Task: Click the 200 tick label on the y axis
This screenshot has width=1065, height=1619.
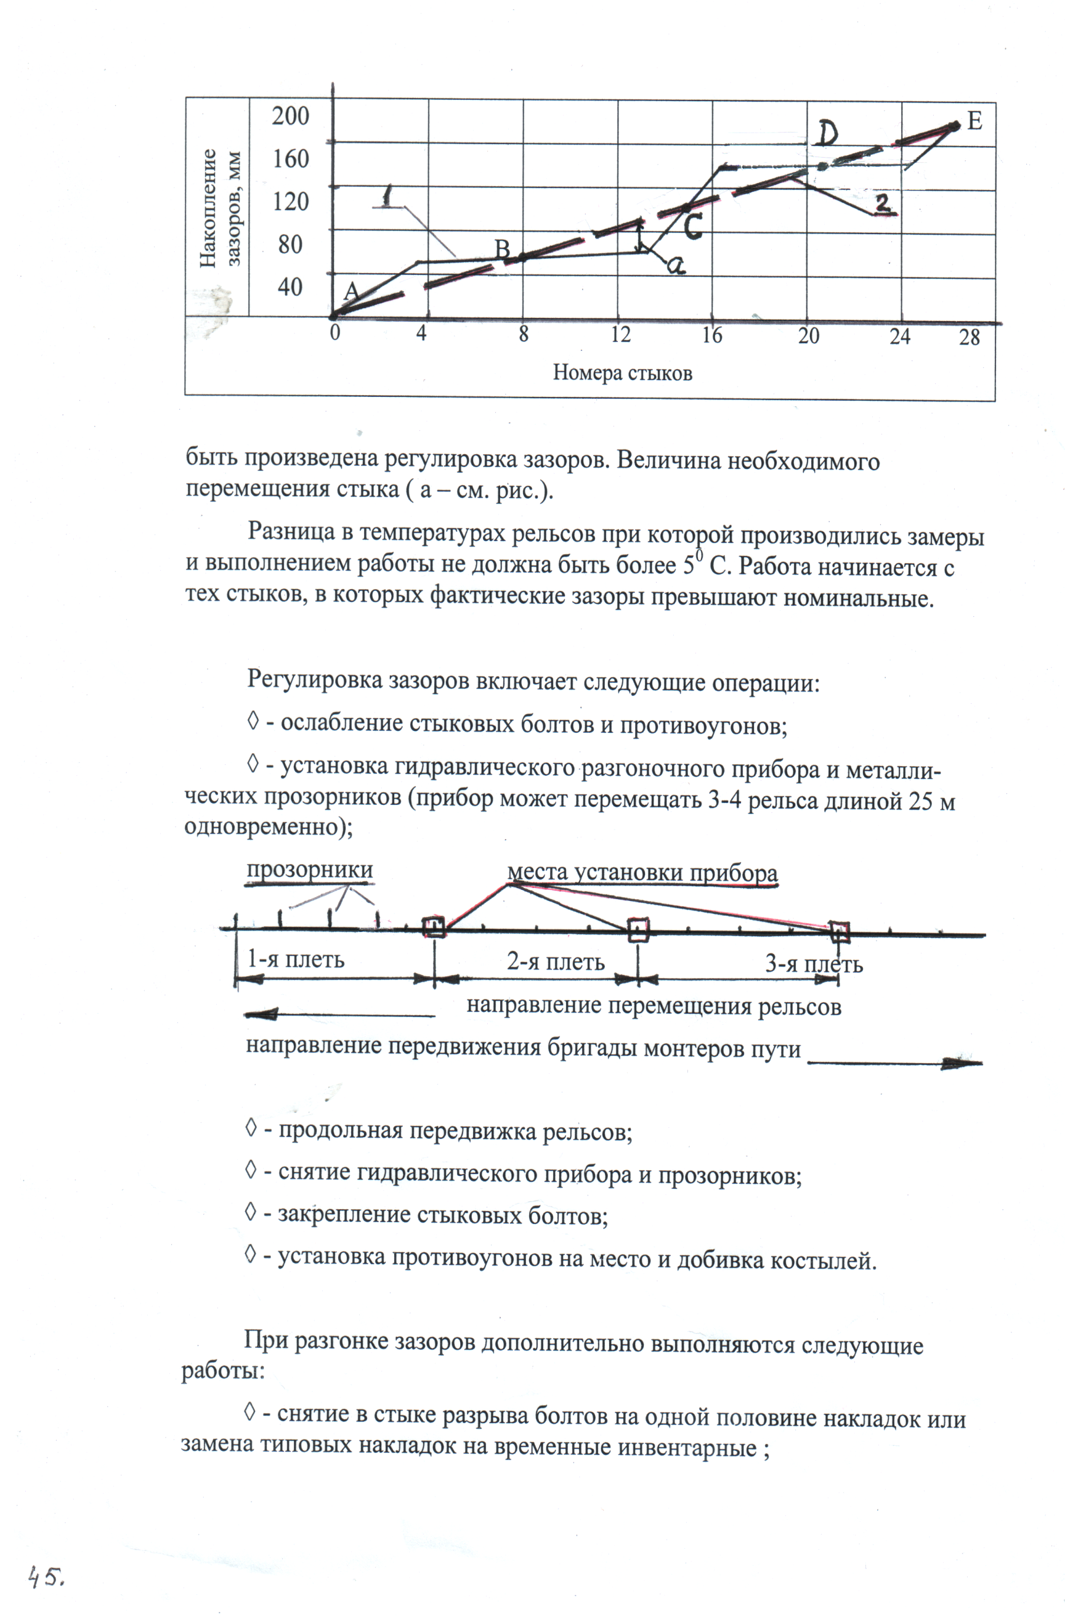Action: (290, 116)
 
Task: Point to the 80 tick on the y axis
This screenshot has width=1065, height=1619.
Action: (290, 245)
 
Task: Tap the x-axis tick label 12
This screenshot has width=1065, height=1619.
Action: (620, 335)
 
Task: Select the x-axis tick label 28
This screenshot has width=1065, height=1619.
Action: (969, 336)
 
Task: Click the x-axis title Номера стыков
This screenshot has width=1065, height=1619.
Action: (622, 373)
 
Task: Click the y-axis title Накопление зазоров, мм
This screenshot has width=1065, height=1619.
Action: (220, 208)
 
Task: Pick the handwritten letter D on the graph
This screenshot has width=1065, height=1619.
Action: (827, 134)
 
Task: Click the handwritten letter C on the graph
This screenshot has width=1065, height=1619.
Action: (692, 227)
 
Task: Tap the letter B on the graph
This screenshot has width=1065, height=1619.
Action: (502, 249)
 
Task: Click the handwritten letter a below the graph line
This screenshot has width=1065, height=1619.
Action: (675, 265)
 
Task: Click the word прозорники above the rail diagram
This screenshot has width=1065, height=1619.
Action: (309, 870)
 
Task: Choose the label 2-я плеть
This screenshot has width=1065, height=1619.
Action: (555, 961)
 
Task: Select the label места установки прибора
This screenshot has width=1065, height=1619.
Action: (642, 873)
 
